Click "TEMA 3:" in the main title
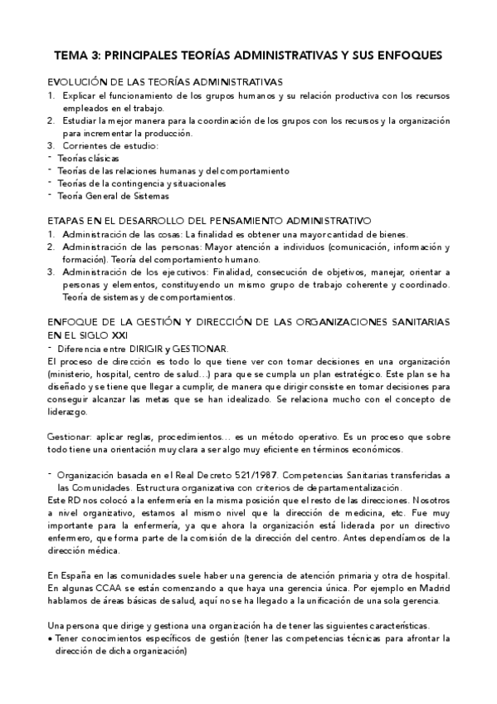[76, 56]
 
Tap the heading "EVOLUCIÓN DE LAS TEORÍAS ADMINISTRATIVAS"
[165, 82]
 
